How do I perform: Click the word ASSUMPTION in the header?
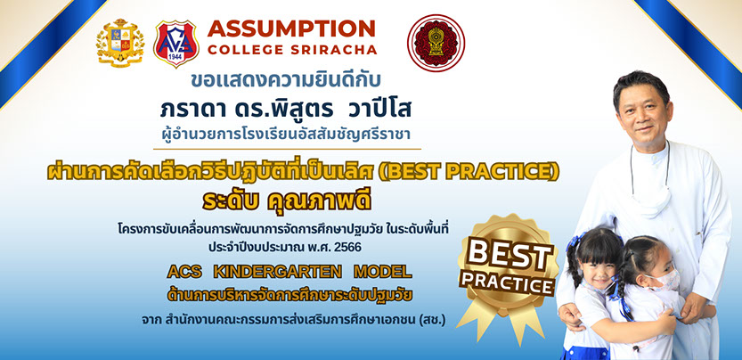(291, 29)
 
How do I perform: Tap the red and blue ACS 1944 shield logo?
(176, 43)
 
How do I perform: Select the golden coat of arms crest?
(120, 43)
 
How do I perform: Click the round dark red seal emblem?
(436, 43)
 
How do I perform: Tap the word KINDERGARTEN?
(277, 272)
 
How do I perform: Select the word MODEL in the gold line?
(382, 272)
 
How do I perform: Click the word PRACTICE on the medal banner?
(508, 282)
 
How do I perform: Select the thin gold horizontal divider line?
(287, 149)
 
